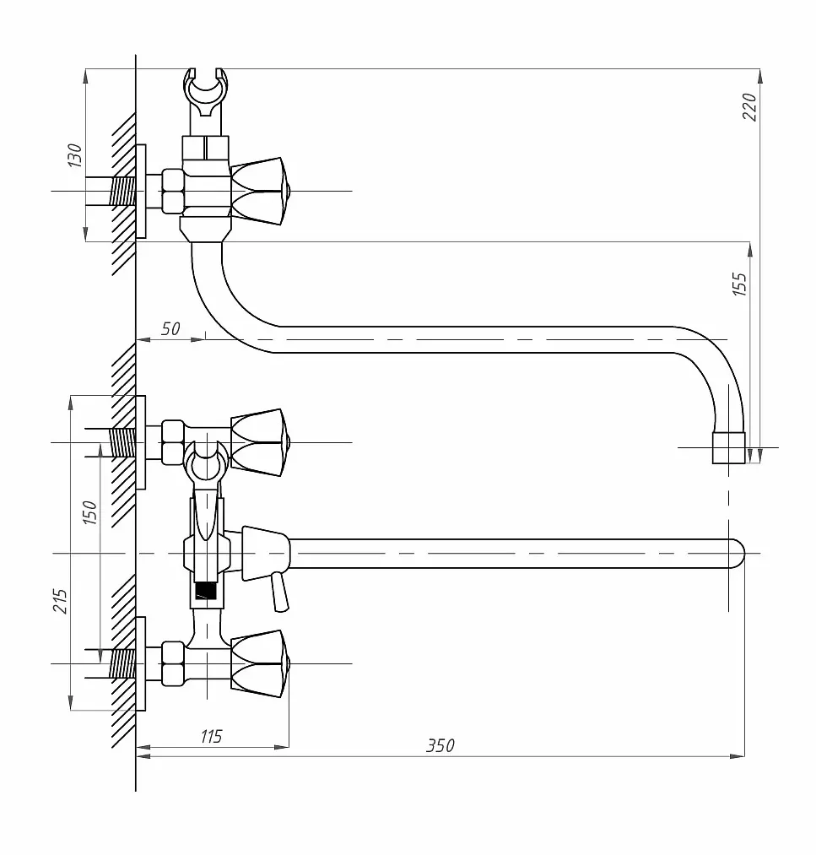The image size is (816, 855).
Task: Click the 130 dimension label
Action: [74, 154]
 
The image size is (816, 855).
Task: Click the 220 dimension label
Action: [749, 107]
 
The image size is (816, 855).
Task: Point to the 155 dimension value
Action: [740, 284]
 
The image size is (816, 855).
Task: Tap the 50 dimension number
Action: [170, 329]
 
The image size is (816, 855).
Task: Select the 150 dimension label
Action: [89, 512]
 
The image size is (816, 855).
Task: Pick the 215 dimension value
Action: [60, 601]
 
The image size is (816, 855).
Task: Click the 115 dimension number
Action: [211, 736]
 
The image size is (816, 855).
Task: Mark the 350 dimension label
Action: [440, 745]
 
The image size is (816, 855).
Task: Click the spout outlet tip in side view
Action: [728, 447]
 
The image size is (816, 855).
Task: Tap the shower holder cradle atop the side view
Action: [206, 93]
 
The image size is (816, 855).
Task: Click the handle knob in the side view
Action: [259, 192]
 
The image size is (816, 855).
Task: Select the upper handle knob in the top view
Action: [259, 442]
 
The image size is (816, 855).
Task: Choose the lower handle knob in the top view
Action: [259, 663]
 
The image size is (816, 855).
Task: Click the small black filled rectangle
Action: [206, 591]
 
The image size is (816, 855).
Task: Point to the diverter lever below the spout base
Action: [280, 593]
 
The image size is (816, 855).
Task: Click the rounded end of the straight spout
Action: [737, 554]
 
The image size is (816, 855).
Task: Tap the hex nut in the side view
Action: [173, 192]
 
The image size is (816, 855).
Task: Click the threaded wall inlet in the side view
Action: [122, 192]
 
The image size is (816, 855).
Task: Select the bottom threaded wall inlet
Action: [122, 663]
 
